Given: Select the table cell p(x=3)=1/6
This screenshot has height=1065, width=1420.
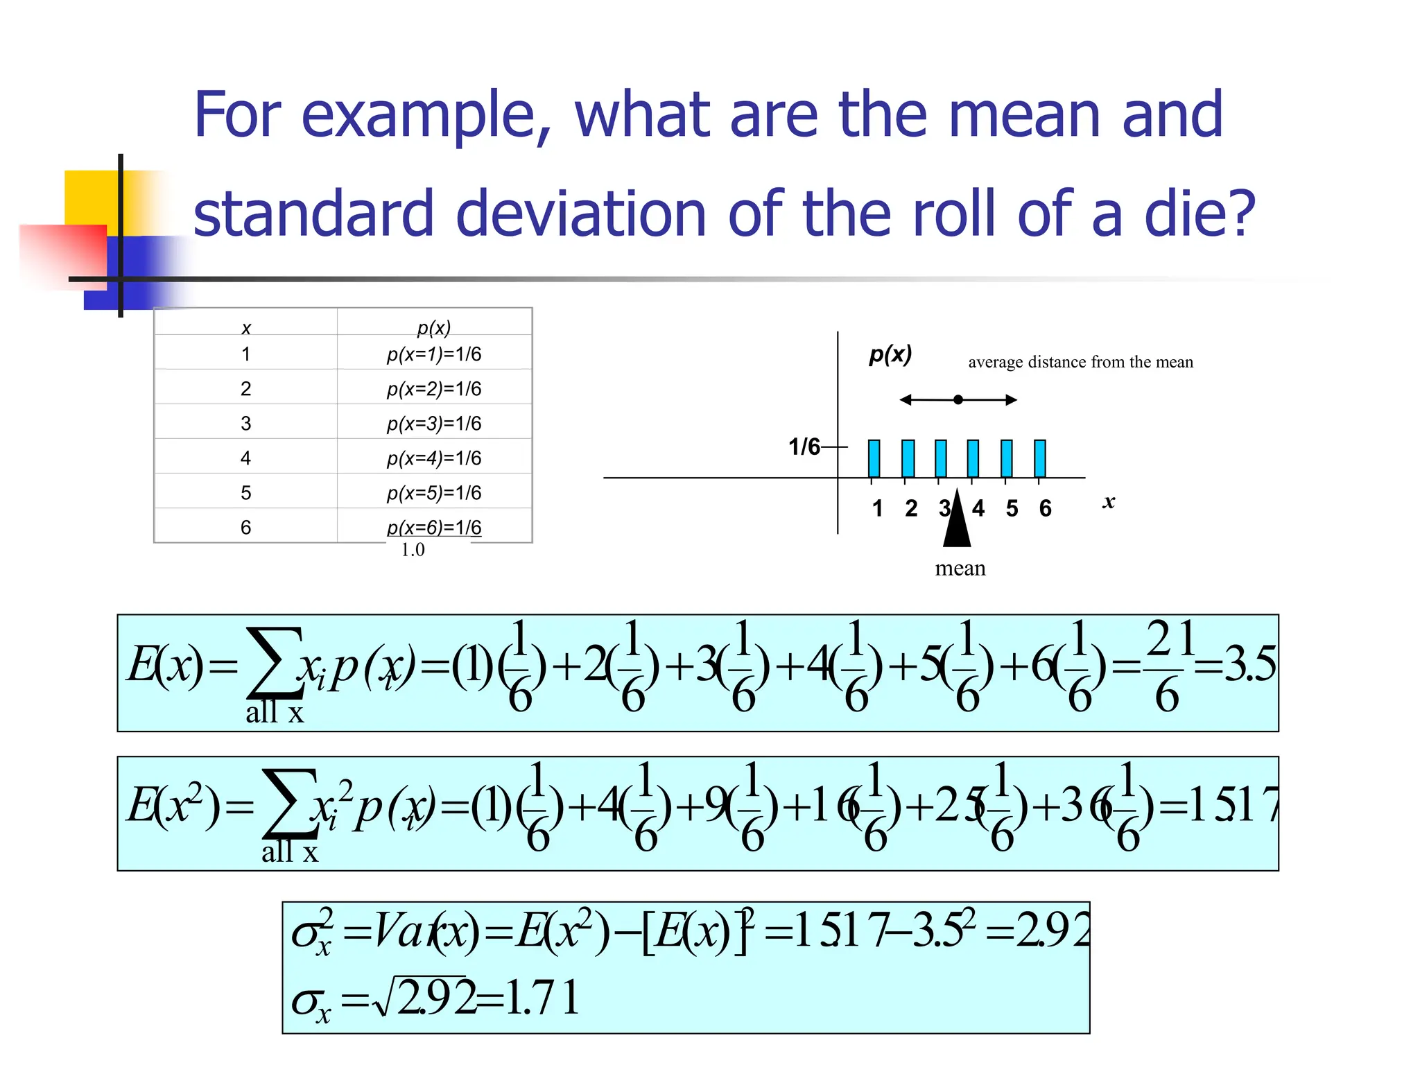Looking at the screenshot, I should [x=434, y=423].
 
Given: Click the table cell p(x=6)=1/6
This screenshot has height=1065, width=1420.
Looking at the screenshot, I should [x=434, y=527].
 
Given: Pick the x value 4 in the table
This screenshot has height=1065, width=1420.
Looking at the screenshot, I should [x=245, y=458].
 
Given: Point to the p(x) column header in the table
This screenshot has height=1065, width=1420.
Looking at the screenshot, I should [x=434, y=327].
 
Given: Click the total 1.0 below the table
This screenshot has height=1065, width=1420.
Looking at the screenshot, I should [x=413, y=550].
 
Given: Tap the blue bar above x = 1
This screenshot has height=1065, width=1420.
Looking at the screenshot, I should [x=874, y=458].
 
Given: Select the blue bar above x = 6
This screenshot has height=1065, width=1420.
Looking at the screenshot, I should [x=1039, y=458].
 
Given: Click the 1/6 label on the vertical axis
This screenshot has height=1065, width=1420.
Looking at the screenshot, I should [x=804, y=447].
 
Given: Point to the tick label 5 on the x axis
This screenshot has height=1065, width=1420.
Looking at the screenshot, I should [x=1012, y=508].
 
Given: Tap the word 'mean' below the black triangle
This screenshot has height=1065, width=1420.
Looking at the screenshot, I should [x=960, y=569].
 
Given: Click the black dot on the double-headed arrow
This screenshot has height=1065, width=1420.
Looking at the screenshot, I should [x=958, y=399].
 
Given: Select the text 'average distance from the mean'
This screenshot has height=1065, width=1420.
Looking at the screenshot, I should [x=1080, y=362].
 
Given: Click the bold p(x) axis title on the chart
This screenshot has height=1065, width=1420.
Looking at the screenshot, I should [x=890, y=354].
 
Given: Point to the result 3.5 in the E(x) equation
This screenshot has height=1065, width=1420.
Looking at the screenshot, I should [x=1249, y=664].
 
